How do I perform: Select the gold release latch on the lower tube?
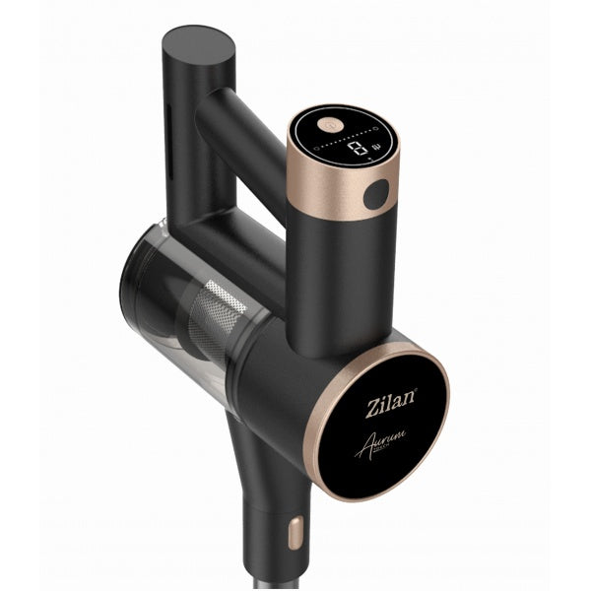(x=294, y=533)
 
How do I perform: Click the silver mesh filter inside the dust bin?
(x=220, y=316)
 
